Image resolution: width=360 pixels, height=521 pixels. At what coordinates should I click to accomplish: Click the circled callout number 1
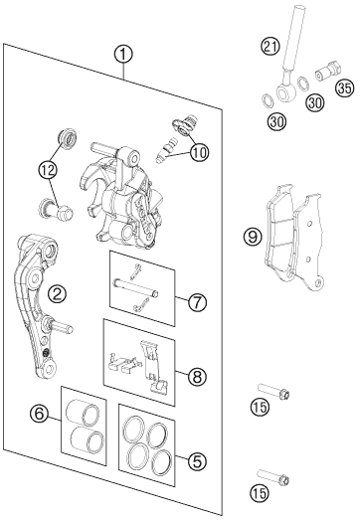[x=123, y=55]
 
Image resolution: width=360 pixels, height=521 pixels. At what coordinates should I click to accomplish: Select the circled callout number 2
[x=57, y=293]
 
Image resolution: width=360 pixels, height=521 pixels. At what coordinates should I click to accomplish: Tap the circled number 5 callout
[x=197, y=461]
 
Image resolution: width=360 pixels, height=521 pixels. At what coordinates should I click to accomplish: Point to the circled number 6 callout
[x=39, y=414]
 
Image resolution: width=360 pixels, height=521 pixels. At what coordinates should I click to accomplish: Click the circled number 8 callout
[x=197, y=377]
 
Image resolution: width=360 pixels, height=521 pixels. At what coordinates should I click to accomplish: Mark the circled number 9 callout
[x=253, y=238]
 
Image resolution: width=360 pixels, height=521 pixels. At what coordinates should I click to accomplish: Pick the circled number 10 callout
[x=200, y=153]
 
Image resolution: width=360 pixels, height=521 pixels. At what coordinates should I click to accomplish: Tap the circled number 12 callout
[x=47, y=170]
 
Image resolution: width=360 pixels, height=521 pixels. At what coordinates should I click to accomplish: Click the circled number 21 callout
[x=270, y=46]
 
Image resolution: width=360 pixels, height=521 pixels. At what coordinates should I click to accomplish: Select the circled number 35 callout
[x=345, y=88]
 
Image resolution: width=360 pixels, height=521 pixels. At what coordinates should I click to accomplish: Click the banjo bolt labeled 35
[x=328, y=72]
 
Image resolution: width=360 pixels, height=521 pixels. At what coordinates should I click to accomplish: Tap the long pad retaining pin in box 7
[x=136, y=288]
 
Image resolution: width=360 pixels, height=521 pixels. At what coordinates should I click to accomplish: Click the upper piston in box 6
[x=83, y=412]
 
